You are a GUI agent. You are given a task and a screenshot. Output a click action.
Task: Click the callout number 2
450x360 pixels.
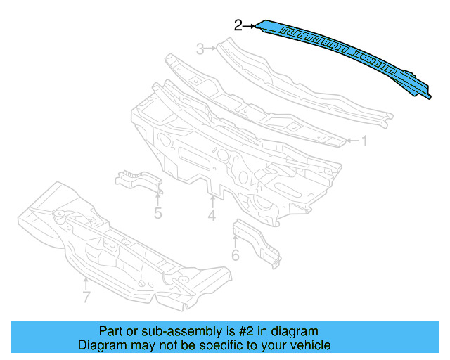pos(238,25)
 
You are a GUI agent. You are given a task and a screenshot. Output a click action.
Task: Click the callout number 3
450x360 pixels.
pos(200,49)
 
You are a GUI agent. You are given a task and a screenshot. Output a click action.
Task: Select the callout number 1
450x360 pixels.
pos(364,141)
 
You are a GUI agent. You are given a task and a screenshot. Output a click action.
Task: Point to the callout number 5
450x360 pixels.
pos(158,211)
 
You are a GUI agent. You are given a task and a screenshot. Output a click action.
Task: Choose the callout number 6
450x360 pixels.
pos(235,254)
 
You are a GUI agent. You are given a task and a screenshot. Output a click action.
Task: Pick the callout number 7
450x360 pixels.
pos(86,297)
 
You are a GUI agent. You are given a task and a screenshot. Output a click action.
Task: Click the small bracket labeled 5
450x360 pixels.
pos(137,180)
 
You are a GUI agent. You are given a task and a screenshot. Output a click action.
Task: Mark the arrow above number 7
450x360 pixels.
pos(86,282)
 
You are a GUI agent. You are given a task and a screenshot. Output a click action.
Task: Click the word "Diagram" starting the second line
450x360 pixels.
pos(100,345)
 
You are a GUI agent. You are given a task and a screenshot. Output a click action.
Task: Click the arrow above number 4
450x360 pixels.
pos(212,200)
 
